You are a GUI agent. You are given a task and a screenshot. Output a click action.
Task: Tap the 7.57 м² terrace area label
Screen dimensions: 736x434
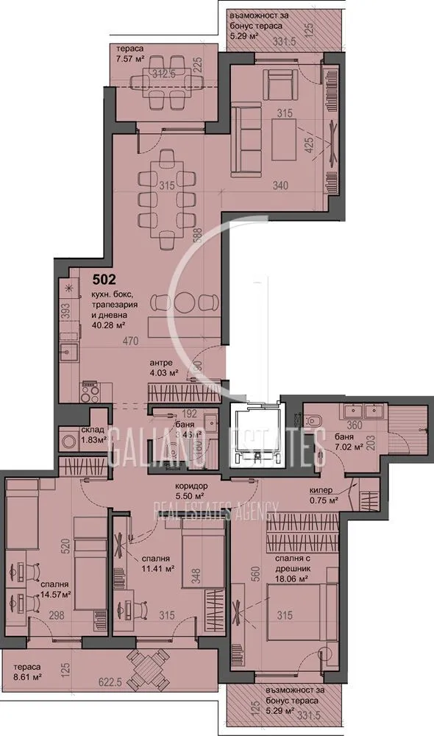click(x=127, y=63)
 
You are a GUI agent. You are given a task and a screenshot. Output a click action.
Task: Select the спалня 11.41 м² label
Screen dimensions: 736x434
click(x=155, y=563)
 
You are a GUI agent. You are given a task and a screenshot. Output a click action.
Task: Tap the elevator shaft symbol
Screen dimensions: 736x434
click(x=255, y=436)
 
